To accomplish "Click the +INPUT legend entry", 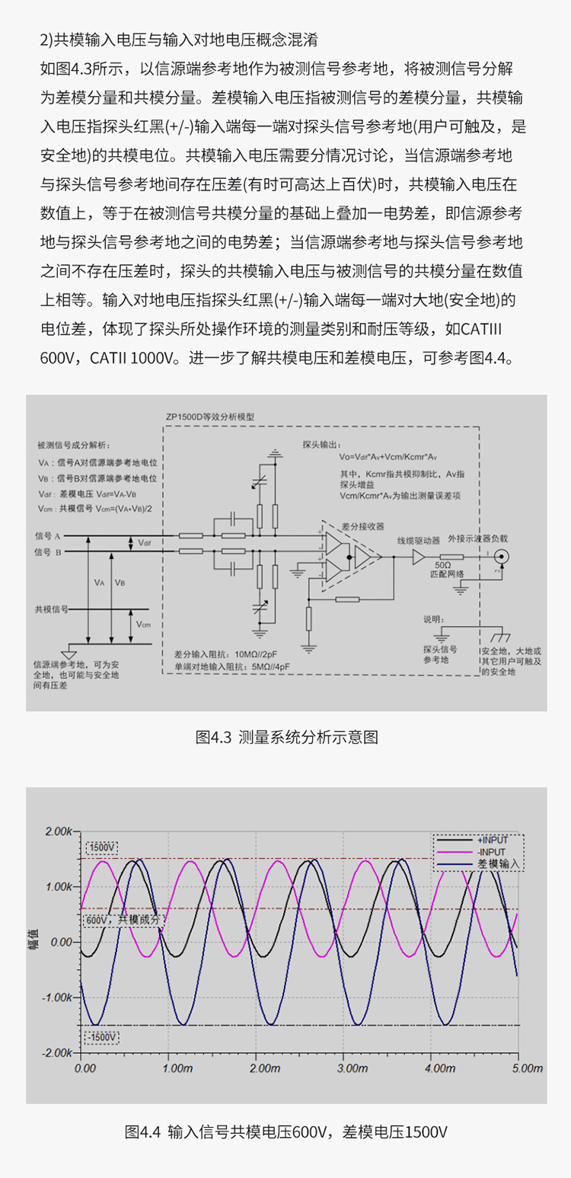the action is pyautogui.click(x=492, y=840).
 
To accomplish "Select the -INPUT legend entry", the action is pyautogui.click(x=491, y=851).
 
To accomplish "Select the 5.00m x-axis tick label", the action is pyautogui.click(x=518, y=1069).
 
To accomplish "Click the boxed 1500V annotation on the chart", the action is pyautogui.click(x=102, y=847).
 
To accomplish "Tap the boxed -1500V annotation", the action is pyautogui.click(x=101, y=1037).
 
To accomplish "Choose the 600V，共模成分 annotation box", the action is pyautogui.click(x=123, y=919).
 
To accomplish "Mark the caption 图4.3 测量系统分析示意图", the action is pyautogui.click(x=286, y=737).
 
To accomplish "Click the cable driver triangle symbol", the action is pyautogui.click(x=418, y=557).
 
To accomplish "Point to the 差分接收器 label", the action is pyautogui.click(x=365, y=525).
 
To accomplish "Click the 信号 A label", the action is pyautogui.click(x=48, y=536).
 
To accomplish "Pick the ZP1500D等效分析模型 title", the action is pyautogui.click(x=210, y=418).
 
